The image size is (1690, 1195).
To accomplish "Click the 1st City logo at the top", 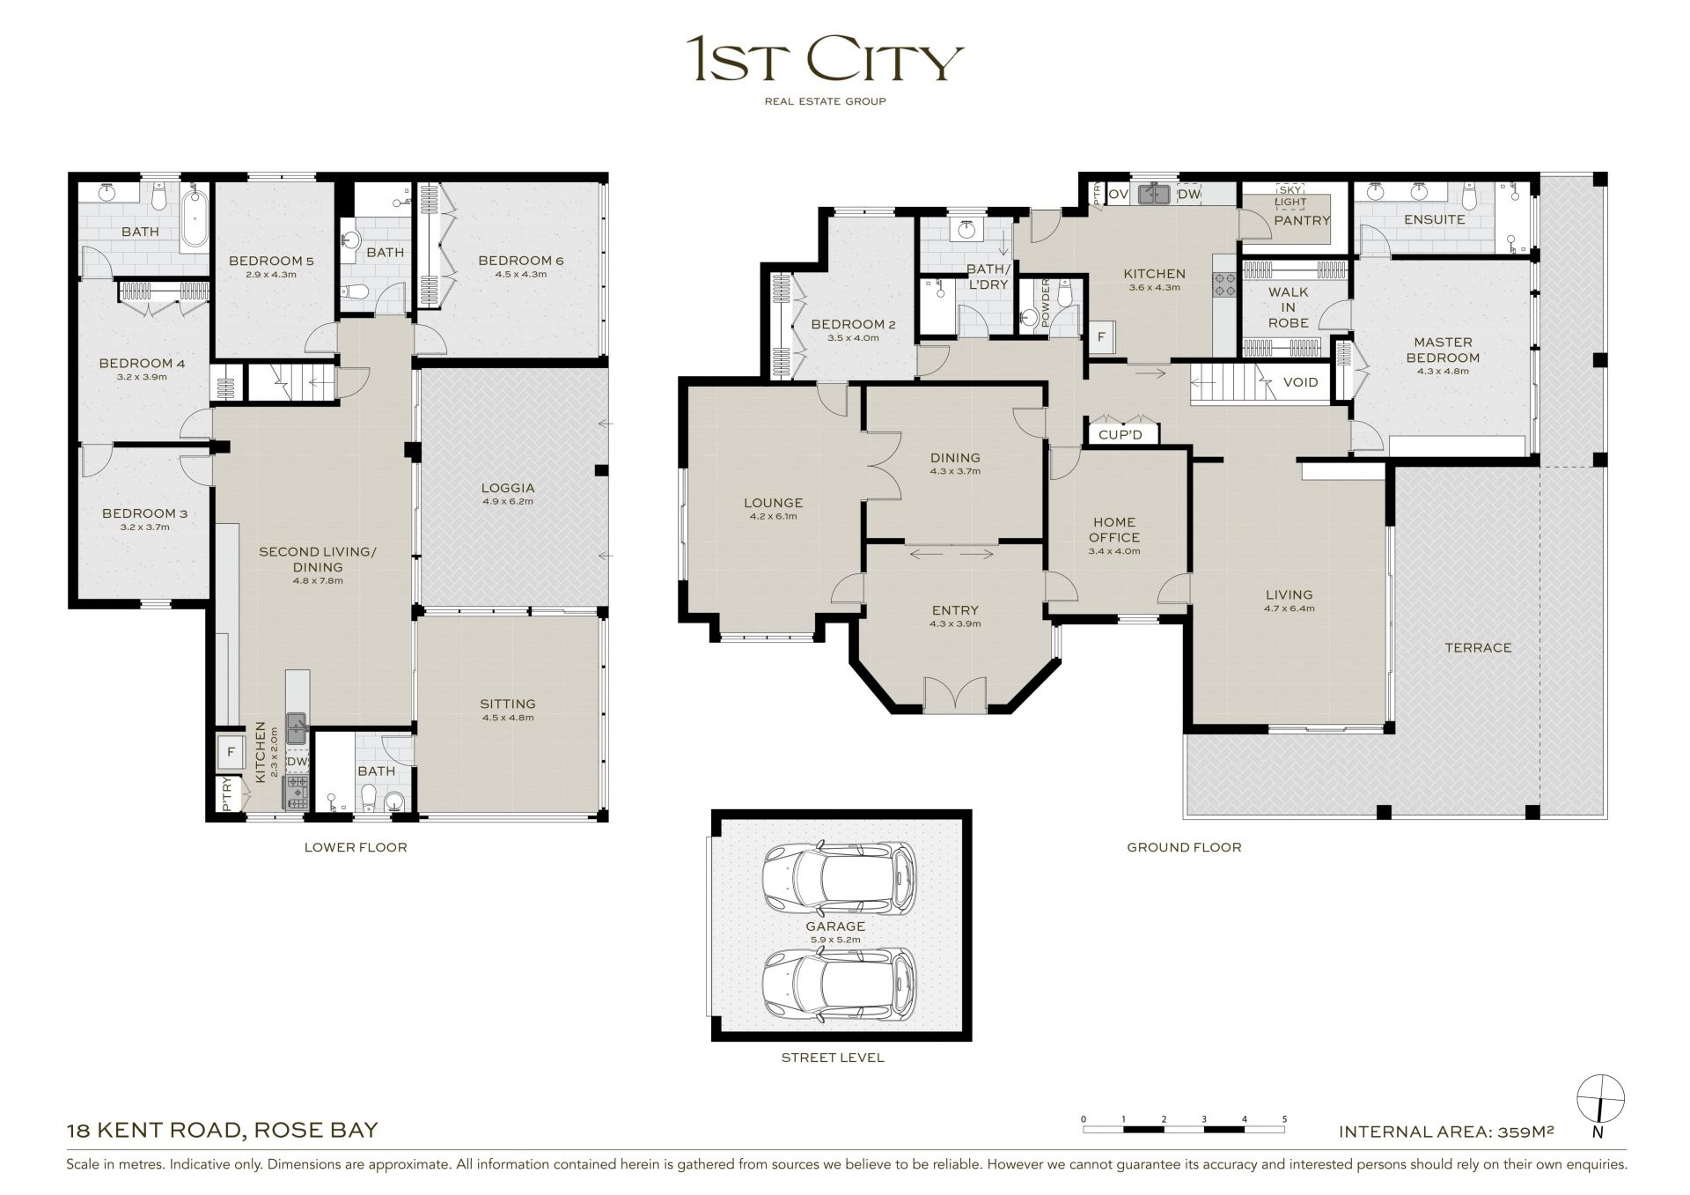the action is tap(825, 70).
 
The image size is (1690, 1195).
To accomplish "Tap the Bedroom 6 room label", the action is tap(520, 261).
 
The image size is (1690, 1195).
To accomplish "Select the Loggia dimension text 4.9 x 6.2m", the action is tap(508, 502).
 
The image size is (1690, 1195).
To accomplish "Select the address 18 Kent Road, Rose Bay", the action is tap(223, 1130).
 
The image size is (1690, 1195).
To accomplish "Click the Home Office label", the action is tap(1114, 529).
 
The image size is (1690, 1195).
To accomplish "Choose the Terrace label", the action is tap(1478, 647).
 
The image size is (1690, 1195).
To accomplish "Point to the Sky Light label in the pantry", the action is tap(1290, 195).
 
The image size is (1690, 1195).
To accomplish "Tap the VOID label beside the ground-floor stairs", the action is tap(1301, 382).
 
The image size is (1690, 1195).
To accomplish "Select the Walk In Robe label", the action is tap(1289, 307).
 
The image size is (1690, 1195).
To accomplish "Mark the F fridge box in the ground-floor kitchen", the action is tap(1101, 336).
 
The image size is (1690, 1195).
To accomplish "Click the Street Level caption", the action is tap(833, 1057).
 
